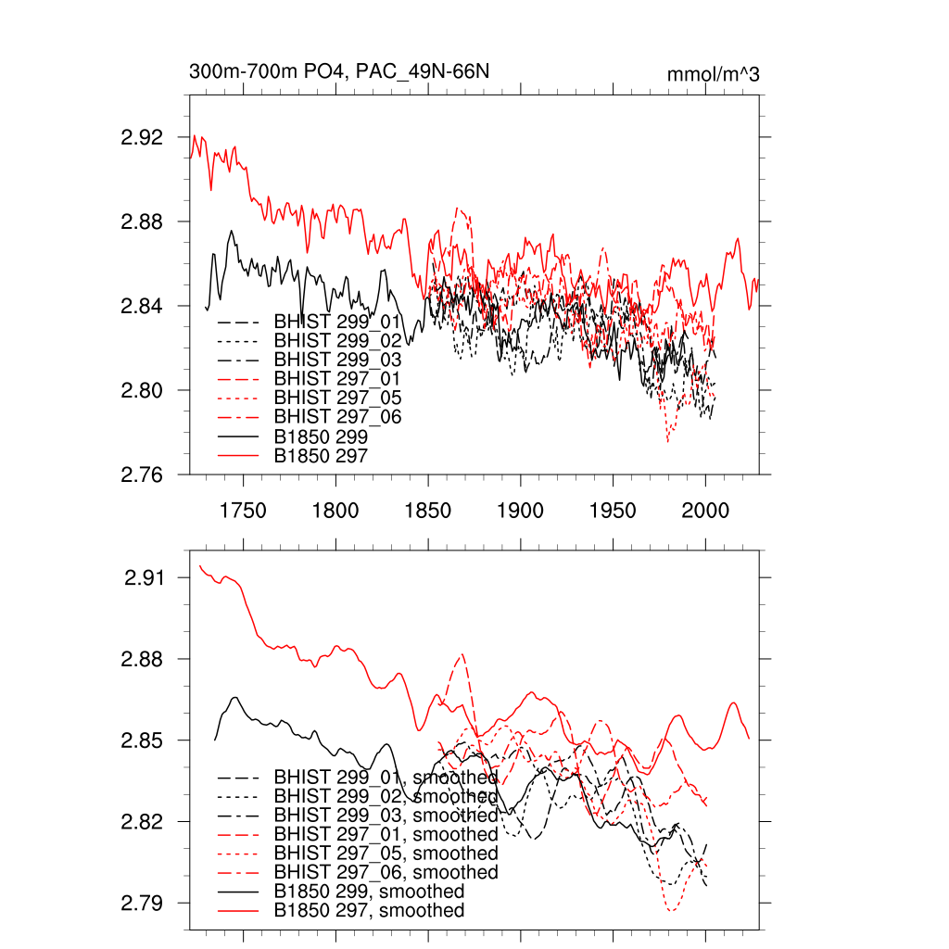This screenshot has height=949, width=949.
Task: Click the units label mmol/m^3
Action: click(x=713, y=73)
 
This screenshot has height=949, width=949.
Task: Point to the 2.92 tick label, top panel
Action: click(x=142, y=137)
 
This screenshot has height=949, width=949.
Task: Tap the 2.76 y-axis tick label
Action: click(x=142, y=474)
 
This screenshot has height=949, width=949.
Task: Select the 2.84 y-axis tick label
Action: click(x=142, y=306)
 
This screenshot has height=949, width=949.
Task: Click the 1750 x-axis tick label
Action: click(x=243, y=510)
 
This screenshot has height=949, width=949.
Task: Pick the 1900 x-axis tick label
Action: click(x=521, y=510)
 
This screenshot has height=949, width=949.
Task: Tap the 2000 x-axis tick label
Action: click(x=706, y=510)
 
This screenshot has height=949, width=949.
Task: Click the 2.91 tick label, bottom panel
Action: click(x=144, y=578)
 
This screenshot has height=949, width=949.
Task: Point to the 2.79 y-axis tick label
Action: click(x=142, y=903)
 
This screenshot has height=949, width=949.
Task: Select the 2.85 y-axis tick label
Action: click(x=142, y=740)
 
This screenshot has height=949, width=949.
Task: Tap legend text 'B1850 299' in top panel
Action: click(x=321, y=437)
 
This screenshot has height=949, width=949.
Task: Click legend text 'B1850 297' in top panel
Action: click(x=321, y=456)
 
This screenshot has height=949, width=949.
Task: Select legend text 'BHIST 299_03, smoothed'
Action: click(x=386, y=816)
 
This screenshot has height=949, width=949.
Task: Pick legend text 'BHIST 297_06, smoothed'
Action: click(x=386, y=872)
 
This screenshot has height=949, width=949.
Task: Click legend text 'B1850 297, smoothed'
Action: click(x=369, y=911)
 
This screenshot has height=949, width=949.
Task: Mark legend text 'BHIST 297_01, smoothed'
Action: click(x=386, y=835)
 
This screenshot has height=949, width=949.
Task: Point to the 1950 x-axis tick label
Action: click(x=614, y=510)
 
